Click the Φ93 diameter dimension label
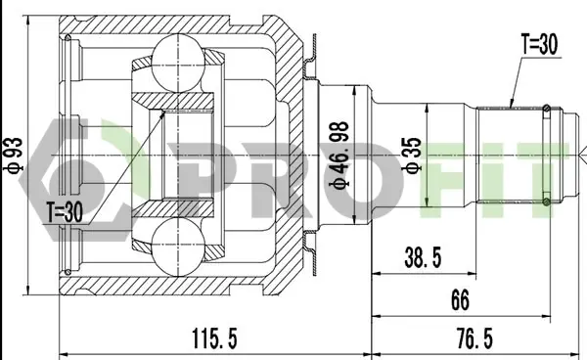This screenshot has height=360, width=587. coord(13,156)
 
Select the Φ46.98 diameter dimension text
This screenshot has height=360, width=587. coord(339,156)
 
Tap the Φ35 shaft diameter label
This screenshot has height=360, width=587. coord(412,156)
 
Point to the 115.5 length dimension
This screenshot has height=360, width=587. coord(214,338)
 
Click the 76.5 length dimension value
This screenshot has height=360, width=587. coord(474,338)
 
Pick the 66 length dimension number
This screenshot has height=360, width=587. coord(460,299)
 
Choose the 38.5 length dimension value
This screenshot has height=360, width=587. coord(423,257)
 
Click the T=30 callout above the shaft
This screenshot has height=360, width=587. coord(539,44)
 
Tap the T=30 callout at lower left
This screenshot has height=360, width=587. coord(64,212)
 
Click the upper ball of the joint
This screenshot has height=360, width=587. coord(179,63)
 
